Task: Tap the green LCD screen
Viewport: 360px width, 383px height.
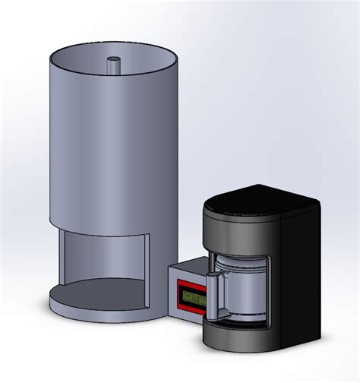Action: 194,297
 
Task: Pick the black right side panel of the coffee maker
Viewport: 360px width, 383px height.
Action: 302,274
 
